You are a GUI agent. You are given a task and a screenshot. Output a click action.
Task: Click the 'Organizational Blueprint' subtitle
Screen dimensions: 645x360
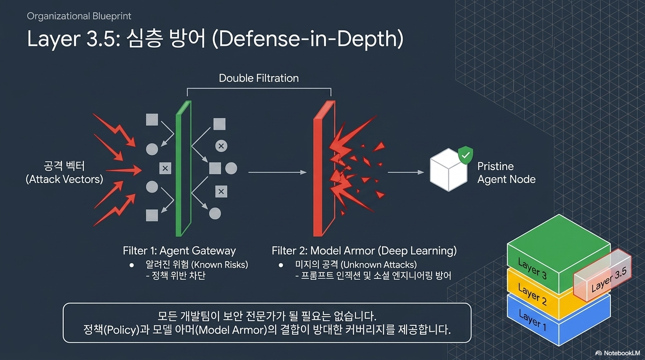point(79,16)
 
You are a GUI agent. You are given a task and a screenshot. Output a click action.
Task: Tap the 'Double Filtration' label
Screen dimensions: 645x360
point(259,78)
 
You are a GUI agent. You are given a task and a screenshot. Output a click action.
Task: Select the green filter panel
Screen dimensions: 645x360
point(183,168)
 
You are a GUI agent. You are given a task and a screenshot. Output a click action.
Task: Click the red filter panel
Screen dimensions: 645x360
point(324,168)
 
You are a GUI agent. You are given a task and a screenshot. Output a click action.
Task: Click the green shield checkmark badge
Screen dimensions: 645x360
point(465,155)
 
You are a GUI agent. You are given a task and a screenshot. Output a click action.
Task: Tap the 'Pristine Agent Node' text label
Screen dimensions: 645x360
point(506,173)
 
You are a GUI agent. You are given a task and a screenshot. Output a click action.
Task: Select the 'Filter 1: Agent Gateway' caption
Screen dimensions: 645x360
point(179,251)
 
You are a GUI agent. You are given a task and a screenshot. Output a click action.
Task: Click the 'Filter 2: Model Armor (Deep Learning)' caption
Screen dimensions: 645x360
point(364,251)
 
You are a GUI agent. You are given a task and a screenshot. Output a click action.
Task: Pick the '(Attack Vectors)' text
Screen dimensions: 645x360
point(64,179)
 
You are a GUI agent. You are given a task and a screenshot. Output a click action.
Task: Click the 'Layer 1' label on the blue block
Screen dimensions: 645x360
point(532,320)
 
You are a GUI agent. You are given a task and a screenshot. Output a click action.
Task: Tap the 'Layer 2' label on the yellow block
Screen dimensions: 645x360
point(532,294)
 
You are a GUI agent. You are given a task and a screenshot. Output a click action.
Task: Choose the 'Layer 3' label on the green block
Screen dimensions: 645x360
point(532,269)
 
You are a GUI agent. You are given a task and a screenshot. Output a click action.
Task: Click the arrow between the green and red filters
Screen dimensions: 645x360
point(277,172)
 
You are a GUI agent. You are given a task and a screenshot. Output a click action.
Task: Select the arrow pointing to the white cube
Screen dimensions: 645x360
point(406,172)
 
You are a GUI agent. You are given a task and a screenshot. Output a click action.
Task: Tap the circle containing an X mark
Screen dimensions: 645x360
point(221,146)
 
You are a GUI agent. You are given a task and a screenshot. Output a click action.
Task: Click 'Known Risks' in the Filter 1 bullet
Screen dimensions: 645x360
point(220,265)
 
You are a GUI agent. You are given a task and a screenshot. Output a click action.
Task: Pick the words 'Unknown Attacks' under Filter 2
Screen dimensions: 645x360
point(379,265)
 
